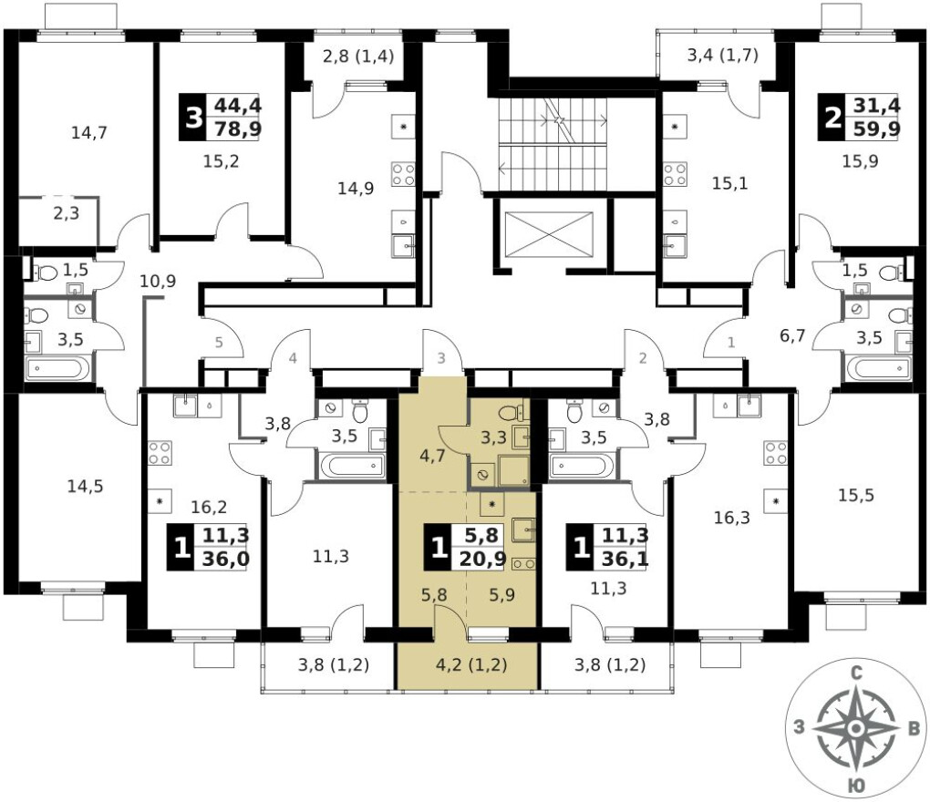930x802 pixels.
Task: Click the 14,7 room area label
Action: [x=89, y=133]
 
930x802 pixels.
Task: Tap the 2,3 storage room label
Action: [x=66, y=213]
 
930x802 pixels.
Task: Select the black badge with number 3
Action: [x=192, y=118]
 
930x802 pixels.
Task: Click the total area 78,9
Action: [x=238, y=129]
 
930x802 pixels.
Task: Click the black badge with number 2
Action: [x=832, y=118]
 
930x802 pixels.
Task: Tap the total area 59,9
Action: [x=876, y=129]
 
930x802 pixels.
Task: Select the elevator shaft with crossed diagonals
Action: [x=549, y=234]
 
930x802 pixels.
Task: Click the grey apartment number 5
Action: [x=219, y=343]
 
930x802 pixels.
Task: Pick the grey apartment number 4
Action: [x=293, y=358]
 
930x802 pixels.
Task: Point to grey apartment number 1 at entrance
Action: [x=730, y=343]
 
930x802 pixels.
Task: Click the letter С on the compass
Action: [x=856, y=673]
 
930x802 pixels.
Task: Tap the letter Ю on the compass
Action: [x=854, y=786]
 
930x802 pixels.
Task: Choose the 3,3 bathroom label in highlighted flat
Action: [x=493, y=437]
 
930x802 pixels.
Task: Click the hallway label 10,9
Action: [x=158, y=281]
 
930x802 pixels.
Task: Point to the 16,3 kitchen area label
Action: [x=732, y=518]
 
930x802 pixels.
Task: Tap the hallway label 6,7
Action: [x=792, y=336]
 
